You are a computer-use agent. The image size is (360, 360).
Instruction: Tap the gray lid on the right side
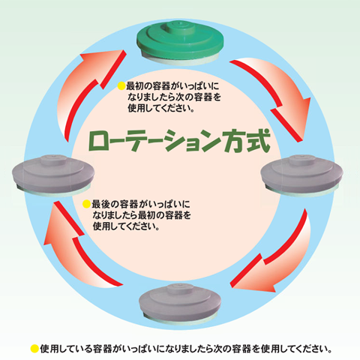point(301,175)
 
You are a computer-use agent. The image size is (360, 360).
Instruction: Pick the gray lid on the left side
point(53,175)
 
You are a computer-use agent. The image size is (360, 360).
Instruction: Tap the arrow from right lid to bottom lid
point(280,260)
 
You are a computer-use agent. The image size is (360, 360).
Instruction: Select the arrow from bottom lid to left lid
point(75,250)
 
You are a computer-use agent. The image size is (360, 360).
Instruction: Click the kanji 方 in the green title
point(232,140)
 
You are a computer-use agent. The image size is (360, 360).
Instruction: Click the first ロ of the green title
point(99,142)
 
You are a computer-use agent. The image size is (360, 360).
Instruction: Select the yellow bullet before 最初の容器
point(121,86)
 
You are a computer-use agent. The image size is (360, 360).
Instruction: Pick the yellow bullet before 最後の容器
point(86,204)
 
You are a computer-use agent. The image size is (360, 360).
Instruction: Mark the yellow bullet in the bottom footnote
point(34,349)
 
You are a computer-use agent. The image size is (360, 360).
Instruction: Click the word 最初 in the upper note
point(136,86)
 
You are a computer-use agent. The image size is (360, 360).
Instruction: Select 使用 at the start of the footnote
point(49,349)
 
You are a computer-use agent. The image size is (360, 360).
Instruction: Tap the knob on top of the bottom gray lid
point(181,288)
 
